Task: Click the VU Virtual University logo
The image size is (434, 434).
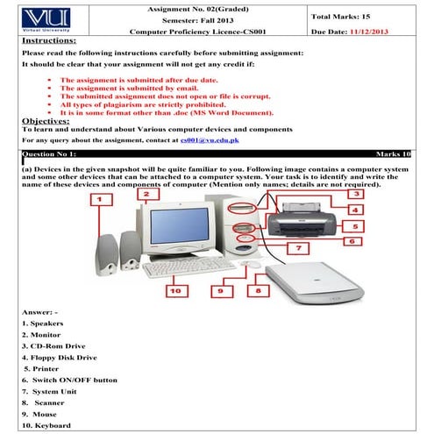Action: coord(46,20)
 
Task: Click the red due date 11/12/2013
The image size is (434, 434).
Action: coord(369,32)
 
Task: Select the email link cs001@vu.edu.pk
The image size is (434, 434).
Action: coord(210,140)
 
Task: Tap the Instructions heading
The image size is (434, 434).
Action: coord(49,40)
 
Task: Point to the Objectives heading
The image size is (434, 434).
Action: coord(46,121)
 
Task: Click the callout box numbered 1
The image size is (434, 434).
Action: coord(101,200)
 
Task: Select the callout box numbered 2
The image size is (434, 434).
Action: coord(148,194)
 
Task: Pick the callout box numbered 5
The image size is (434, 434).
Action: coord(353,226)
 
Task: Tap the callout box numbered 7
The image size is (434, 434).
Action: coord(298,248)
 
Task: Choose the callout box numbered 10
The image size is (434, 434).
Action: coord(177,291)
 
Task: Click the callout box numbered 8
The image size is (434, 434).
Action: coord(259,291)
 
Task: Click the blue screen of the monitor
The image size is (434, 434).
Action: coord(180,225)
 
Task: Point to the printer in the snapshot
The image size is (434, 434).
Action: coord(302,220)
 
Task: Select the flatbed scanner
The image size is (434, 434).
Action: coord(315,283)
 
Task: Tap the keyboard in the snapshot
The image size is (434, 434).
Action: coord(189,267)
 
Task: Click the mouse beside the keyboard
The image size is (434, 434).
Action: coord(252,264)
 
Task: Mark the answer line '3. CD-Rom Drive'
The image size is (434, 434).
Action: coord(53,346)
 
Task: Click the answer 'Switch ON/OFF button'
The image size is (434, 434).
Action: coord(75,381)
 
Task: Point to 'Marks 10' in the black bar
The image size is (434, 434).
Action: coord(393,154)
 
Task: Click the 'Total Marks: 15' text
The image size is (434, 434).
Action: coord(341,17)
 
